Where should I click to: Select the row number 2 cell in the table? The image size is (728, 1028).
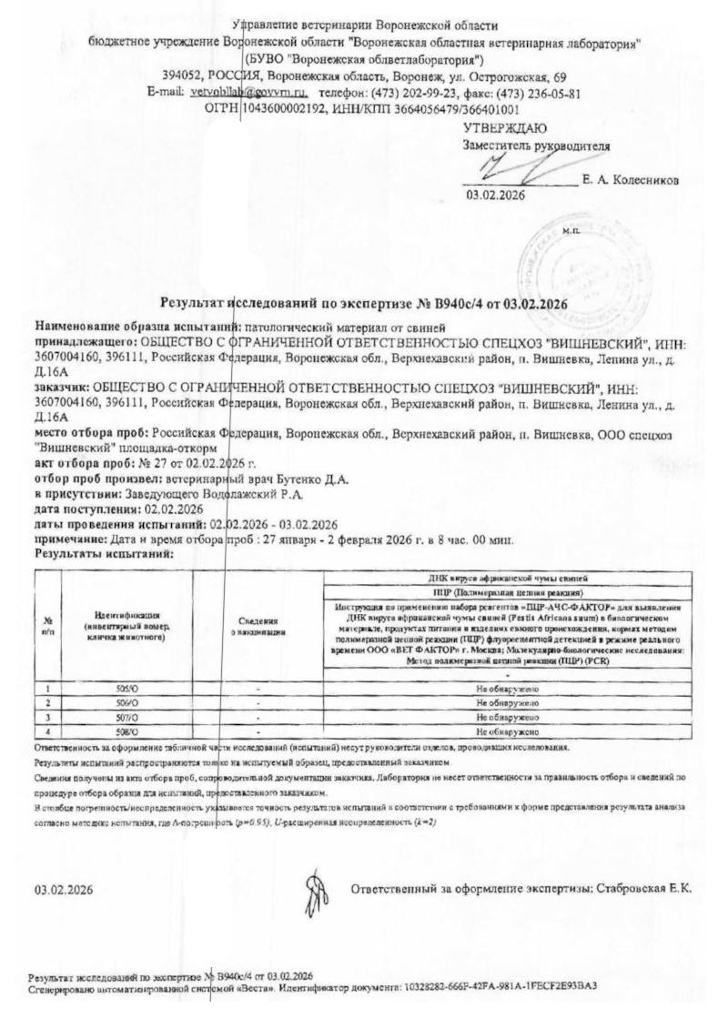click(x=47, y=704)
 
